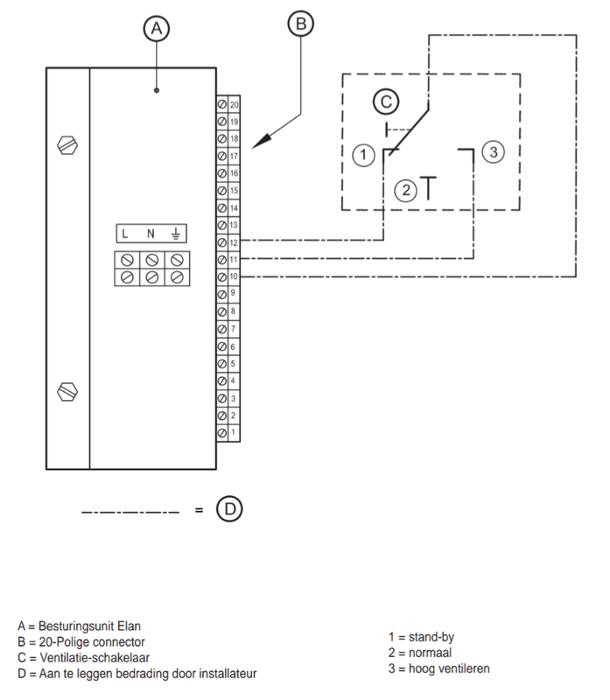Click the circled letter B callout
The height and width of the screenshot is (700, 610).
point(299,25)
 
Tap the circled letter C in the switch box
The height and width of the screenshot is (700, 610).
point(385,102)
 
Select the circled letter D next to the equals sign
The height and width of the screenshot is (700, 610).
point(229,508)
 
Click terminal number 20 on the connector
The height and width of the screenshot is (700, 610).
point(234,104)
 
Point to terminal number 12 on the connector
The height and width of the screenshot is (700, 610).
point(234,241)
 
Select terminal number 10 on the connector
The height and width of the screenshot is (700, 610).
point(234,276)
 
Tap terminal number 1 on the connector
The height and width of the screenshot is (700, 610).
point(234,433)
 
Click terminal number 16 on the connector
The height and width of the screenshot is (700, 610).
point(234,173)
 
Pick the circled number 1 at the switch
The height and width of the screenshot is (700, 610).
point(362,156)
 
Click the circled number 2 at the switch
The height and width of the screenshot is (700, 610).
point(404,190)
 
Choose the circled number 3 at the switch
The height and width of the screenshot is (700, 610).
point(493,153)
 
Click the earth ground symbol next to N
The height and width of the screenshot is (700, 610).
point(176,234)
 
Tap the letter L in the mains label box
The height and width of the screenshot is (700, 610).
point(127,234)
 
